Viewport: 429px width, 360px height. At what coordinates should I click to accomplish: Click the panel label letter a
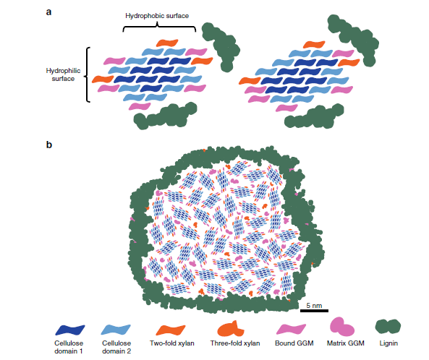(48, 12)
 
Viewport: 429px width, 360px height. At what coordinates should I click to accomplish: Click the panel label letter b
(49, 145)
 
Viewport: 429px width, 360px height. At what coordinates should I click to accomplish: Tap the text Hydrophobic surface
(157, 16)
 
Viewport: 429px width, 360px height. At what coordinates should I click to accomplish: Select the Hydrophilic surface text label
(63, 74)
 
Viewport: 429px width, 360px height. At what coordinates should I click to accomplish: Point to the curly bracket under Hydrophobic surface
(159, 27)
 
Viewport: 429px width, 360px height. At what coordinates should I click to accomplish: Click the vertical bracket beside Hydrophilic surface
(88, 75)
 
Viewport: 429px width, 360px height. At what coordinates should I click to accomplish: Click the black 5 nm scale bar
(314, 311)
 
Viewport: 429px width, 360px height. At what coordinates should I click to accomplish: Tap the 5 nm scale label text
(314, 305)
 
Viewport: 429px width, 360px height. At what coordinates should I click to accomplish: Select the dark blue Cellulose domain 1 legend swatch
(70, 330)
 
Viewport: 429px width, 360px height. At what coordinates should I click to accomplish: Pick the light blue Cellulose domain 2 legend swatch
(116, 330)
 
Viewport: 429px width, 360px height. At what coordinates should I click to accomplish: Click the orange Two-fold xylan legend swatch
(171, 330)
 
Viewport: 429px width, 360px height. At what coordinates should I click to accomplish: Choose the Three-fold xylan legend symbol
(231, 329)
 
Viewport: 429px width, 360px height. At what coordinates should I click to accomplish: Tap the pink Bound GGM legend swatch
(291, 329)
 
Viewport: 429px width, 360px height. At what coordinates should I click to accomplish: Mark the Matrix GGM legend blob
(342, 327)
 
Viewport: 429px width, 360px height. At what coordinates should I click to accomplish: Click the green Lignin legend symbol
(388, 326)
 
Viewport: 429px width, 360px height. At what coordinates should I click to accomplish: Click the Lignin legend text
(388, 343)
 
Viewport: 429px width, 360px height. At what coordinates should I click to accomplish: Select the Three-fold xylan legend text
(235, 343)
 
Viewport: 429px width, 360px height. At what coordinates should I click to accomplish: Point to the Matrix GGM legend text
(346, 343)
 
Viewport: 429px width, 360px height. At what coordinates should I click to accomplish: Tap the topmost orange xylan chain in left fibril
(167, 43)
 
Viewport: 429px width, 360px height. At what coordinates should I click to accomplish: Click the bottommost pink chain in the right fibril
(286, 108)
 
